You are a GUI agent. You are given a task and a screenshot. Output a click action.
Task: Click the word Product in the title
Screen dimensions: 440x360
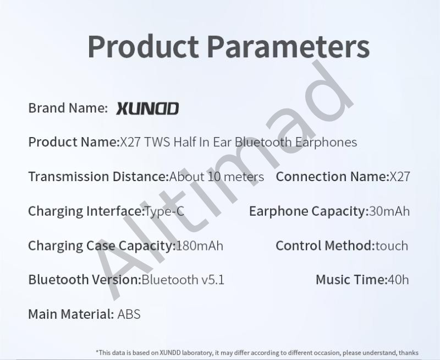point(144,46)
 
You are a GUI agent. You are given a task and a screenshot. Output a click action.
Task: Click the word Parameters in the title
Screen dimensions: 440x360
point(289,46)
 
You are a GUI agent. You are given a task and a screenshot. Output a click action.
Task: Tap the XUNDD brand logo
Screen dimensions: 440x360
point(147,108)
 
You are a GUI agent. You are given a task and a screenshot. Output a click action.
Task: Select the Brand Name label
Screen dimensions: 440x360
point(68,108)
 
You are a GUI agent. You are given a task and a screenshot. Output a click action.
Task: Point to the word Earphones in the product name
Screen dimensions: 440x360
point(326,142)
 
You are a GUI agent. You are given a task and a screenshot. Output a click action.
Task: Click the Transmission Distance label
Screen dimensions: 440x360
point(99,177)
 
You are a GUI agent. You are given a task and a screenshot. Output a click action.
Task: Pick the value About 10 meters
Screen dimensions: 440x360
point(217,177)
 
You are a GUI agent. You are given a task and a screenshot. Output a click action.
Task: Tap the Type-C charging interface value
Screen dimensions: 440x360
point(164,211)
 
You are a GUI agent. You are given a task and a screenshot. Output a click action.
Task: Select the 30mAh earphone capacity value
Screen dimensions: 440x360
point(389,211)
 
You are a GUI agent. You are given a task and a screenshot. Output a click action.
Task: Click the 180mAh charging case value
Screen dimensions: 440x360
point(200,246)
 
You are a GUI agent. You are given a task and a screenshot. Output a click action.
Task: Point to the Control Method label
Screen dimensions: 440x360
point(326,246)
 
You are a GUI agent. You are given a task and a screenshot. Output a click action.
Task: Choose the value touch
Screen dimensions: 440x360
point(392,246)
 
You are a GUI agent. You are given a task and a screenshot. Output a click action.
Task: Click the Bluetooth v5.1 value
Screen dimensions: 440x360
point(183,280)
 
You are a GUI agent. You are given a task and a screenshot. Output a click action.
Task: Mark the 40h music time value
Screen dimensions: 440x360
point(398,280)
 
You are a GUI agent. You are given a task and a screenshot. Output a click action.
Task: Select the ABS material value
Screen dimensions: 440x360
point(129,314)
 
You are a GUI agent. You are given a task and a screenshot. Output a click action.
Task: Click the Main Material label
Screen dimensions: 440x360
point(71,314)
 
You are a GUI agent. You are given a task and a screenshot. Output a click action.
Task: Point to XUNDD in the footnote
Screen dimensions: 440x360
point(170,353)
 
